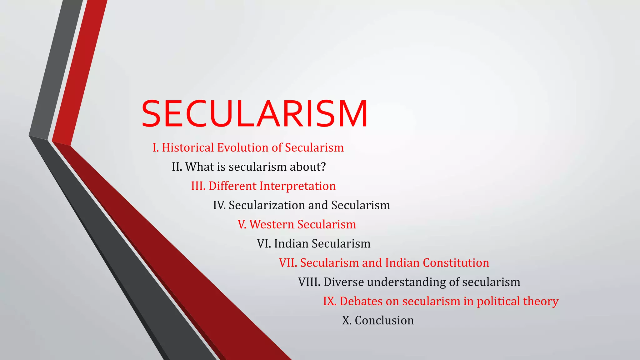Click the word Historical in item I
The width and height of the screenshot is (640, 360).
pos(188,148)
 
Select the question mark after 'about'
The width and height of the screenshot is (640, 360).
pos(323,167)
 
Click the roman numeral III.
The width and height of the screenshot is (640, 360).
pos(198,186)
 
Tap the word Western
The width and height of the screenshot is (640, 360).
pos(272,224)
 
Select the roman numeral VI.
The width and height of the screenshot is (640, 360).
pos(263,244)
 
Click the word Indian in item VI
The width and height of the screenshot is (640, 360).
pos(291,244)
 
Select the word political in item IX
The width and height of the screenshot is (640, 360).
pos(498,301)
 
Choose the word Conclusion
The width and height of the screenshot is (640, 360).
pos(384,321)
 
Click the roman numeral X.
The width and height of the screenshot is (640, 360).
pos(346,321)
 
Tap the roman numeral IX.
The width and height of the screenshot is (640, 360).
pos(329,301)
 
